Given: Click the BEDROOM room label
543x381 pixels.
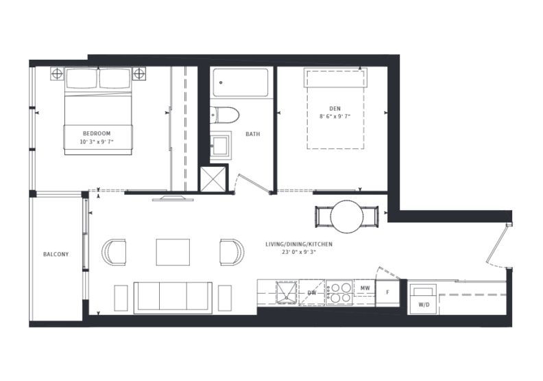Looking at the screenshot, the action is [x=97, y=133].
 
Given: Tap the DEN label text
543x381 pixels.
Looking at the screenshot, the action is [x=335, y=109].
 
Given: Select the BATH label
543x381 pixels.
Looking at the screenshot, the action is [x=253, y=134].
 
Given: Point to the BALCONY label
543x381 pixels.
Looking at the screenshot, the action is [x=56, y=254].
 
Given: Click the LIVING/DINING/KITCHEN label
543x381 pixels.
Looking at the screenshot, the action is [x=299, y=244].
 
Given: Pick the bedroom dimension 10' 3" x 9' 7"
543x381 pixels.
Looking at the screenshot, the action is [x=97, y=142].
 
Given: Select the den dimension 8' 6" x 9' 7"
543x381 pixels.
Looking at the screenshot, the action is [x=335, y=117].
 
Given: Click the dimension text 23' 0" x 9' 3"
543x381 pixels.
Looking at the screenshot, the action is [x=299, y=252].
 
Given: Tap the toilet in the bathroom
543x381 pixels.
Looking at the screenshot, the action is [x=224, y=115].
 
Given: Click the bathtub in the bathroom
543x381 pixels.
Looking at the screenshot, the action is [x=241, y=83].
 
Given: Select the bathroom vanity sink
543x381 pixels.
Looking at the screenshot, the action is [x=221, y=145].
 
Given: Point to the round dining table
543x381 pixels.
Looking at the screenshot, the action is [x=347, y=217].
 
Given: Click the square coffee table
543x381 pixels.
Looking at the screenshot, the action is [x=173, y=252].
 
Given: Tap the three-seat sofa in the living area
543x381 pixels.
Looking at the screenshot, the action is [x=173, y=298].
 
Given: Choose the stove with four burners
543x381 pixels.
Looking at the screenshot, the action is [x=339, y=292].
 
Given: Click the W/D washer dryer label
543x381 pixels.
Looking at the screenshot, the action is [x=424, y=305].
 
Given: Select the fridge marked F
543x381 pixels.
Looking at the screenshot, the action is [x=387, y=292].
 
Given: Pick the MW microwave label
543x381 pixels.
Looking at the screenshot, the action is [x=365, y=288].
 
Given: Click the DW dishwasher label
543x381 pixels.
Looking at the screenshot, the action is [x=312, y=293].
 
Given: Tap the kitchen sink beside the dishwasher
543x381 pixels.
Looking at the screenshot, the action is [x=287, y=293].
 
